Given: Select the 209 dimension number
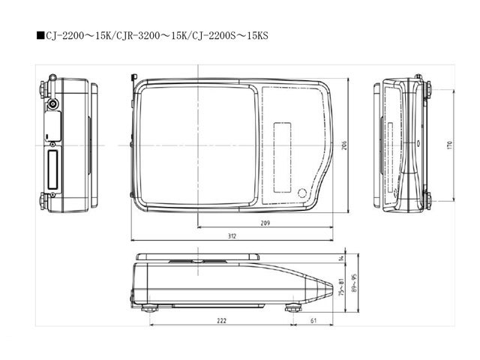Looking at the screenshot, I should [265, 223].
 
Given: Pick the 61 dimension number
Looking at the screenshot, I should [311, 320].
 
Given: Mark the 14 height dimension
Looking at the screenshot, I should [340, 259].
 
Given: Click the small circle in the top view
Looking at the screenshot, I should [304, 190].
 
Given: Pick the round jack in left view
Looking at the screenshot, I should [52, 103].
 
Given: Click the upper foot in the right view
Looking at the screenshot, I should [428, 88].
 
